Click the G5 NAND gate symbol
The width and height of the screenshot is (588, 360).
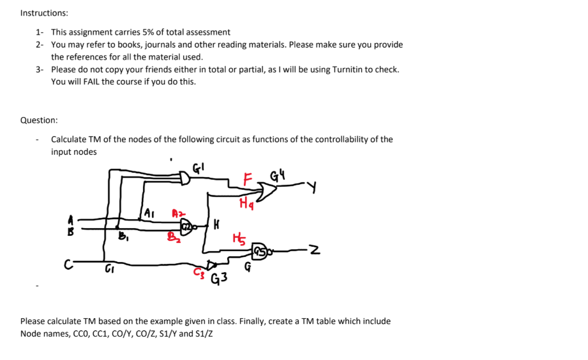point(260,250)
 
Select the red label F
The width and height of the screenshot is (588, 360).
point(248,180)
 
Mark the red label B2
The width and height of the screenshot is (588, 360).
point(174,237)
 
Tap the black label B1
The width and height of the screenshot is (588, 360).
point(122,236)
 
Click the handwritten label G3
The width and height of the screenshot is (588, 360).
point(219,279)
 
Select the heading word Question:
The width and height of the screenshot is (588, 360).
point(39,121)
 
